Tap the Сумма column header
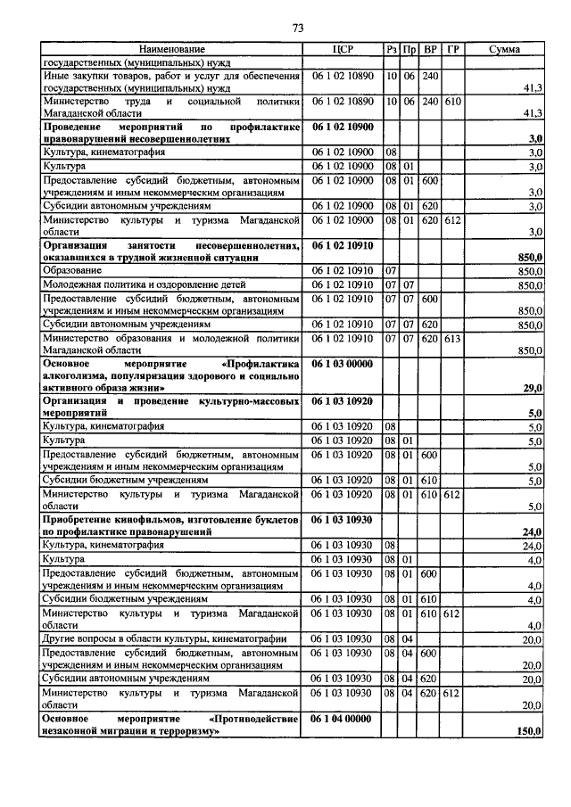pyautogui.click(x=505, y=49)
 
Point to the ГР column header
pyautogui.click(x=451, y=49)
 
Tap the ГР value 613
pyautogui.click(x=451, y=339)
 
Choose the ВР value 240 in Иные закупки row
pyautogui.click(x=430, y=77)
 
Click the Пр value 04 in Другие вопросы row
pyautogui.click(x=409, y=638)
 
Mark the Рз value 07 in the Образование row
pyautogui.click(x=391, y=269)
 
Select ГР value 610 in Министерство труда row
pyautogui.click(x=451, y=102)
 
